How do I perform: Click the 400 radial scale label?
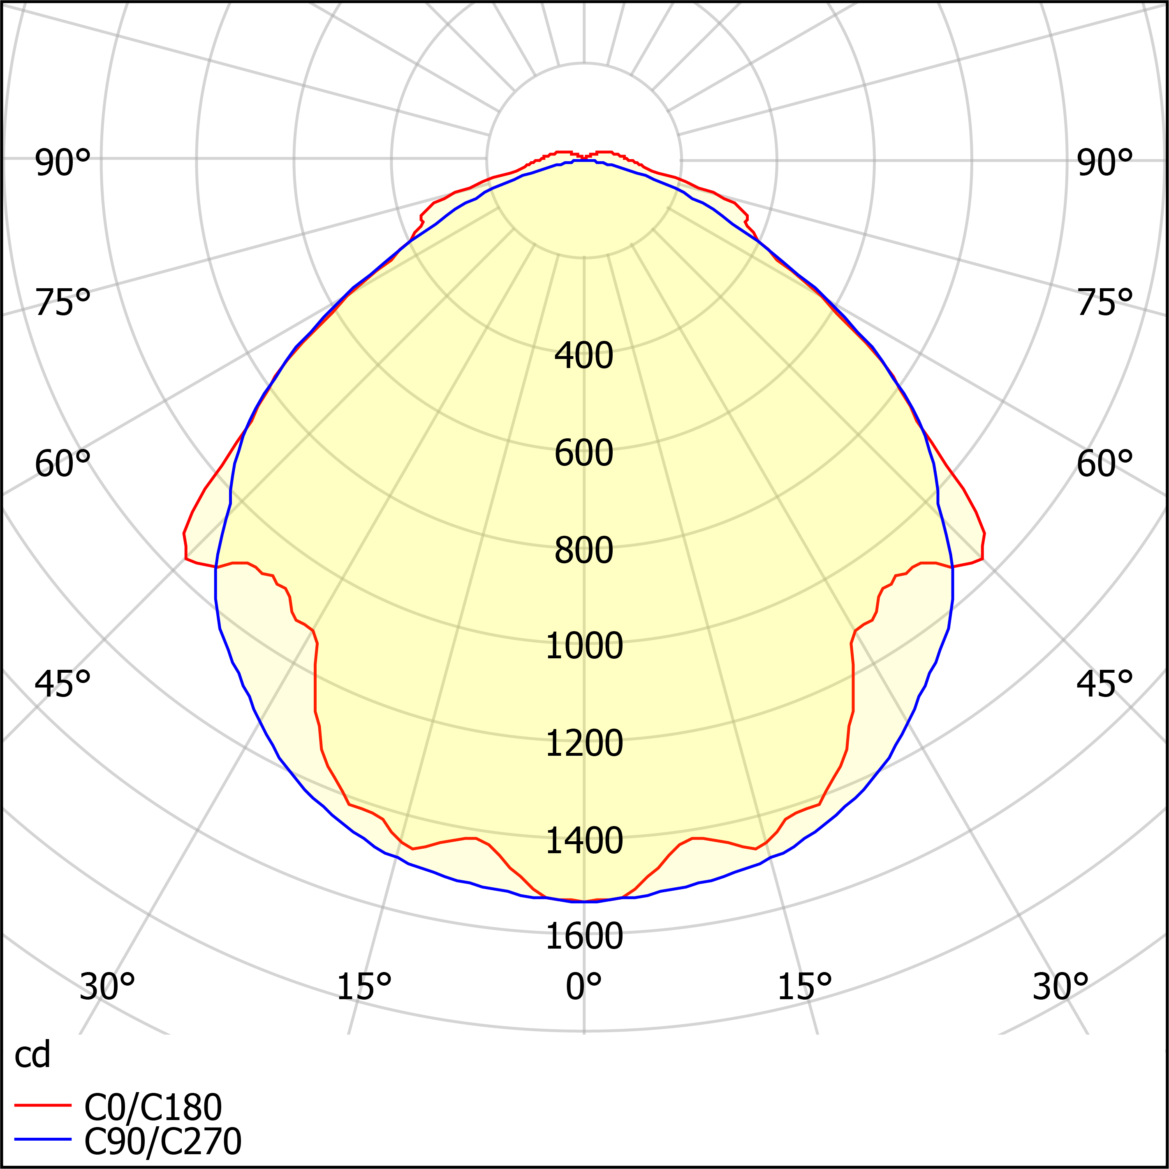(584, 355)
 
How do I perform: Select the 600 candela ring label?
(584, 453)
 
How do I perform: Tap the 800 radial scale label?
(584, 550)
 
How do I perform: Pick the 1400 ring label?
(584, 840)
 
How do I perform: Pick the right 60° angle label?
(1104, 464)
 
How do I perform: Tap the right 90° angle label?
(1104, 163)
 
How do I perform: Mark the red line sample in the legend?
(43, 1105)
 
